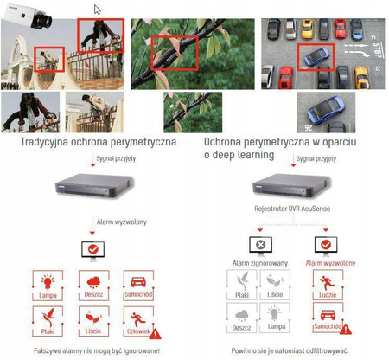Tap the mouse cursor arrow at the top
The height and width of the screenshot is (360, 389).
tap(97, 10)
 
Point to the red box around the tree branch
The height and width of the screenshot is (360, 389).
tap(175, 54)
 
